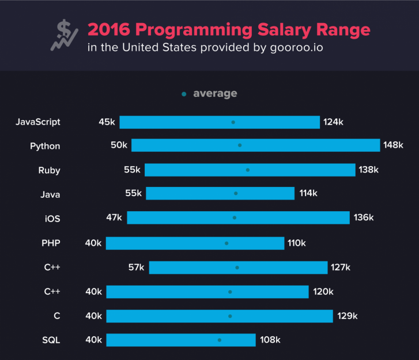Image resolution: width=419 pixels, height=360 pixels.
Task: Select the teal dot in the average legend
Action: (x=184, y=93)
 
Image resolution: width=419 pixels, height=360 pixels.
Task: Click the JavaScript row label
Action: (x=38, y=122)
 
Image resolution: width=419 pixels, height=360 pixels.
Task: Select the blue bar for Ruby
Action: (x=250, y=170)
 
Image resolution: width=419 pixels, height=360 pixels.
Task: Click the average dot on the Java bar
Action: (x=236, y=194)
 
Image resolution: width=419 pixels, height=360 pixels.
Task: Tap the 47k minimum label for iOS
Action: (x=114, y=218)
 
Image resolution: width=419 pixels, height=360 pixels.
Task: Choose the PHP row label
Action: (x=51, y=243)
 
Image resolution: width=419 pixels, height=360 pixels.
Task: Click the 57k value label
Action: (x=137, y=267)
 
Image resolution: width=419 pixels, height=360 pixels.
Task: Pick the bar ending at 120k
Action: (x=207, y=292)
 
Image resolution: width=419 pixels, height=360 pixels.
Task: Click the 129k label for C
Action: (x=347, y=316)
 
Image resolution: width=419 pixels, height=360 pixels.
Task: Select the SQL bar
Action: (x=180, y=340)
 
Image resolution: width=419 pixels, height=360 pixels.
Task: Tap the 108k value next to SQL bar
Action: (x=270, y=340)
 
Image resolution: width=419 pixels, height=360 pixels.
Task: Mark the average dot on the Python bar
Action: (x=240, y=145)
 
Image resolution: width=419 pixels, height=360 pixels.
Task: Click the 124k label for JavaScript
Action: (x=333, y=122)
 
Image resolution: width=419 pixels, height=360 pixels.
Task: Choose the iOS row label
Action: (x=52, y=219)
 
